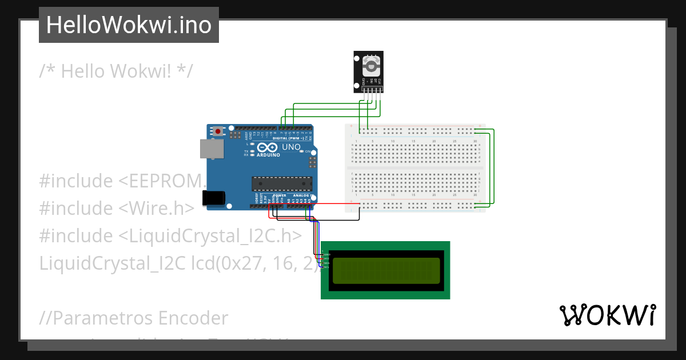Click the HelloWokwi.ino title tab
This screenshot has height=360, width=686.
coord(129,25)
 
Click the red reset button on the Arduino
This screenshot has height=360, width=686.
coord(217,131)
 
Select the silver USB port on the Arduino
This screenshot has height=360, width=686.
coord(211,149)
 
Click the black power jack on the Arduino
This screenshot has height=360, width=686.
coord(214,198)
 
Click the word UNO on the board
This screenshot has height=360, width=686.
coord(291,147)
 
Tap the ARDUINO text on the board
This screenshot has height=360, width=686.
coord(268,155)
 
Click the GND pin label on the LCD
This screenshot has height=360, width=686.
coord(327,254)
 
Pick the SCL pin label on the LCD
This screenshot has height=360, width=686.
coord(327,267)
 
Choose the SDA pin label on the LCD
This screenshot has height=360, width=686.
coord(327,263)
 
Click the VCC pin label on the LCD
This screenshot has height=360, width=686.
coord(327,259)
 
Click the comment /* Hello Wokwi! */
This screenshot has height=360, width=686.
coord(116,71)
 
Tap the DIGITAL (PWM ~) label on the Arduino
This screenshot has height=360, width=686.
coord(287,138)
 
